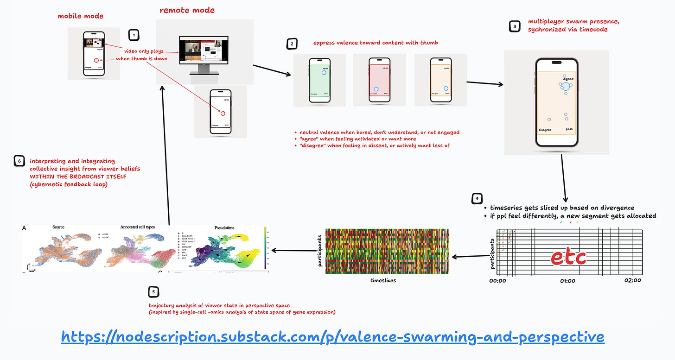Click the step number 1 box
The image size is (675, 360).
click(134, 35)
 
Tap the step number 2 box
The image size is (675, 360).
click(292, 44)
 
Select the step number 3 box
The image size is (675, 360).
click(515, 27)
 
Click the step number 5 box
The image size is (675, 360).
click(153, 291)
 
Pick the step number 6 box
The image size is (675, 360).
click(19, 161)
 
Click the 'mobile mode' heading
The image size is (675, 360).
click(81, 16)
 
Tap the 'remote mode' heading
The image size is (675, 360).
click(187, 10)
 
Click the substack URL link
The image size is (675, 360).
click(332, 336)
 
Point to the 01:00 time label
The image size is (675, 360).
click(568, 281)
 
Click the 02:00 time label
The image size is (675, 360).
click(633, 280)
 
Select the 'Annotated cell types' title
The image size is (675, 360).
click(137, 227)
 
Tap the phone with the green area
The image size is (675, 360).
click(319, 80)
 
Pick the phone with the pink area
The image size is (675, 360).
click(379, 80)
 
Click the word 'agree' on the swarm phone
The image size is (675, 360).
click(568, 79)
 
